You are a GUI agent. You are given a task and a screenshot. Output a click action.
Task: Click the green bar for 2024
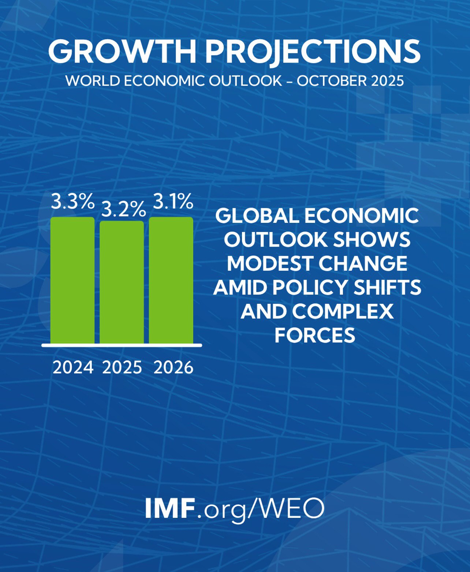72,280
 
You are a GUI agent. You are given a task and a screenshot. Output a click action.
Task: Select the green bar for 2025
122,282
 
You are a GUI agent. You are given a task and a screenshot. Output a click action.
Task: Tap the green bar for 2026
171,280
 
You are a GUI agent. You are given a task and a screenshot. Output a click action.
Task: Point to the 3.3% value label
72,202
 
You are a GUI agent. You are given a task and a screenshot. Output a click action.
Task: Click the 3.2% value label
123,210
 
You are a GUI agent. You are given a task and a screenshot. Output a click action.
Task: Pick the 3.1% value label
173,202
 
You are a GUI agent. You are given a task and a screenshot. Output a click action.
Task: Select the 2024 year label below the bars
73,367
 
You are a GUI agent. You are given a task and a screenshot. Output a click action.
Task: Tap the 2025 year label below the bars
122,367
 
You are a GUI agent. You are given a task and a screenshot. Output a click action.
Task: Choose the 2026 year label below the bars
174,367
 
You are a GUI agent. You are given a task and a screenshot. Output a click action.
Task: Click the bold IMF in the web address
169,508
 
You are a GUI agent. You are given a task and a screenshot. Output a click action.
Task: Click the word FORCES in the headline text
315,335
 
